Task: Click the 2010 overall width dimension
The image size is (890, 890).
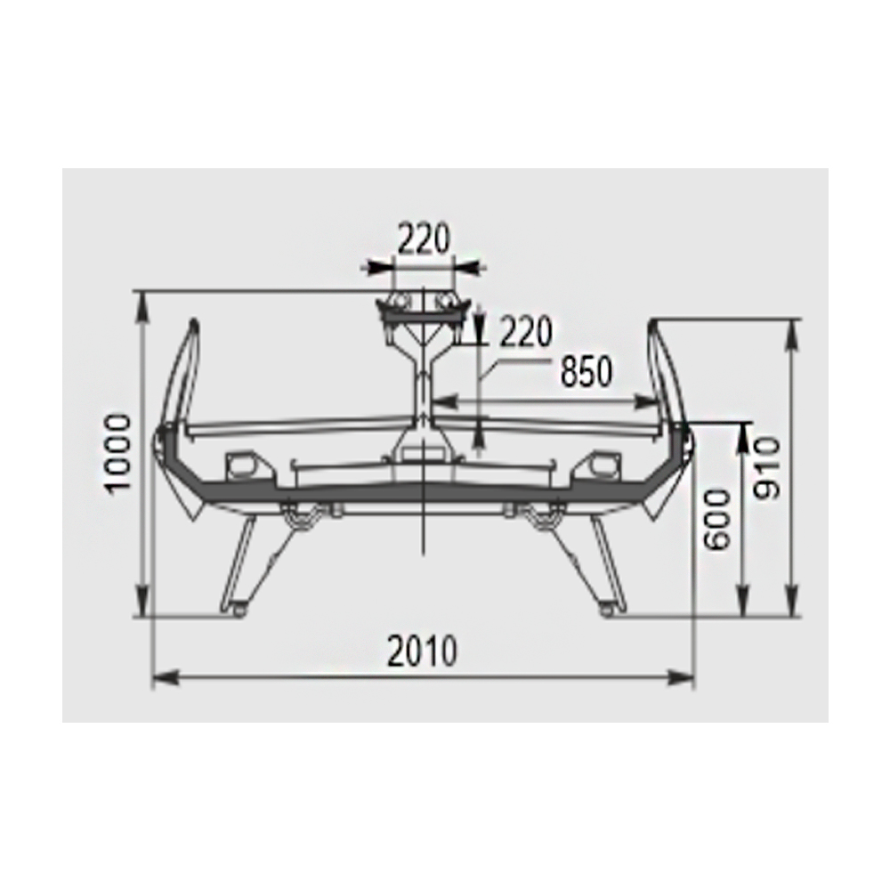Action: click(x=422, y=651)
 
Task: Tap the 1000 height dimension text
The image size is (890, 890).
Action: click(x=119, y=455)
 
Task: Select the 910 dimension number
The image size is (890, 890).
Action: click(x=767, y=469)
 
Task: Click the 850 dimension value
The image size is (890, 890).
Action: click(x=587, y=372)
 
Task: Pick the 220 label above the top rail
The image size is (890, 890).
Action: click(x=424, y=239)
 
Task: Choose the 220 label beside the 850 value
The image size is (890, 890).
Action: click(x=526, y=331)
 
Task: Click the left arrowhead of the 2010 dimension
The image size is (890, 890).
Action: click(x=166, y=677)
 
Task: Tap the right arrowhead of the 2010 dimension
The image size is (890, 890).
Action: click(x=681, y=677)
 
